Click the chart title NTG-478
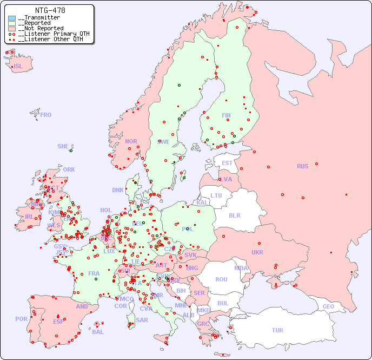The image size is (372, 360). pyautogui.click(x=50, y=10)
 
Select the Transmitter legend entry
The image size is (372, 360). pyautogui.click(x=41, y=18)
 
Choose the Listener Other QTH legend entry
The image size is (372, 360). pyautogui.click(x=49, y=39)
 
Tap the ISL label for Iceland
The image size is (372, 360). pyautogui.click(x=18, y=67)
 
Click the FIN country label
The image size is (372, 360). pyautogui.click(x=226, y=115)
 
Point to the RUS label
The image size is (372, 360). pyautogui.click(x=302, y=166)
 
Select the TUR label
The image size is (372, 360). pyautogui.click(x=277, y=330)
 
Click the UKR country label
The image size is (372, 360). pyautogui.click(x=257, y=252)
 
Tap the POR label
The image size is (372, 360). pyautogui.click(x=21, y=319)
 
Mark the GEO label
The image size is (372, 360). pyautogui.click(x=328, y=306)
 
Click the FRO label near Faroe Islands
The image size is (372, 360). pyautogui.click(x=46, y=115)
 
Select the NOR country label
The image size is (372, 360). pyautogui.click(x=131, y=141)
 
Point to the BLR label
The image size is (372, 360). pyautogui.click(x=234, y=215)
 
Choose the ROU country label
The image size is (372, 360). pyautogui.click(x=221, y=279)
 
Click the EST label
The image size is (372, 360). pyautogui.click(x=227, y=163)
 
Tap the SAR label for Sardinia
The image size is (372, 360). pyautogui.click(x=142, y=320)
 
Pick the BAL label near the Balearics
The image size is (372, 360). pyautogui.click(x=98, y=332)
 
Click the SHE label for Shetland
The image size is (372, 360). pyautogui.click(x=63, y=146)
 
